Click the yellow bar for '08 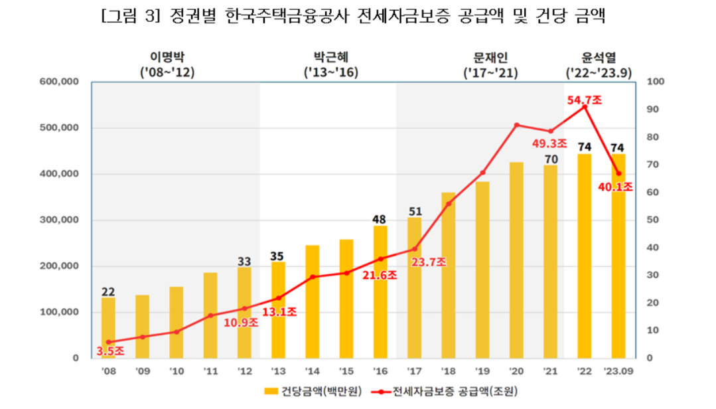[x=108, y=327]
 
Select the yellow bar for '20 [x=516, y=260]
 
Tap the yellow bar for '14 [x=313, y=301]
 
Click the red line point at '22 [x=584, y=107]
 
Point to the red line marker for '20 [x=516, y=125]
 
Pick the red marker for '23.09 [x=618, y=174]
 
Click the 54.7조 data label [x=585, y=100]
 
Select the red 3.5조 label [x=110, y=351]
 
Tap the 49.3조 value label [x=549, y=143]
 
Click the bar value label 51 [x=415, y=211]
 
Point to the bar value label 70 [x=551, y=159]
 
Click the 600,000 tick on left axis [x=59, y=82]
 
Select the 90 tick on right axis [x=652, y=109]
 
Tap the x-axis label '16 [x=380, y=371]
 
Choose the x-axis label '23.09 [x=618, y=371]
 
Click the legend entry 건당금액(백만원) [x=313, y=391]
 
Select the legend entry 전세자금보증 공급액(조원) [x=445, y=391]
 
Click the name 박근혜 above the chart [x=331, y=57]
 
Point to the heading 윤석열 [x=599, y=57]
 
